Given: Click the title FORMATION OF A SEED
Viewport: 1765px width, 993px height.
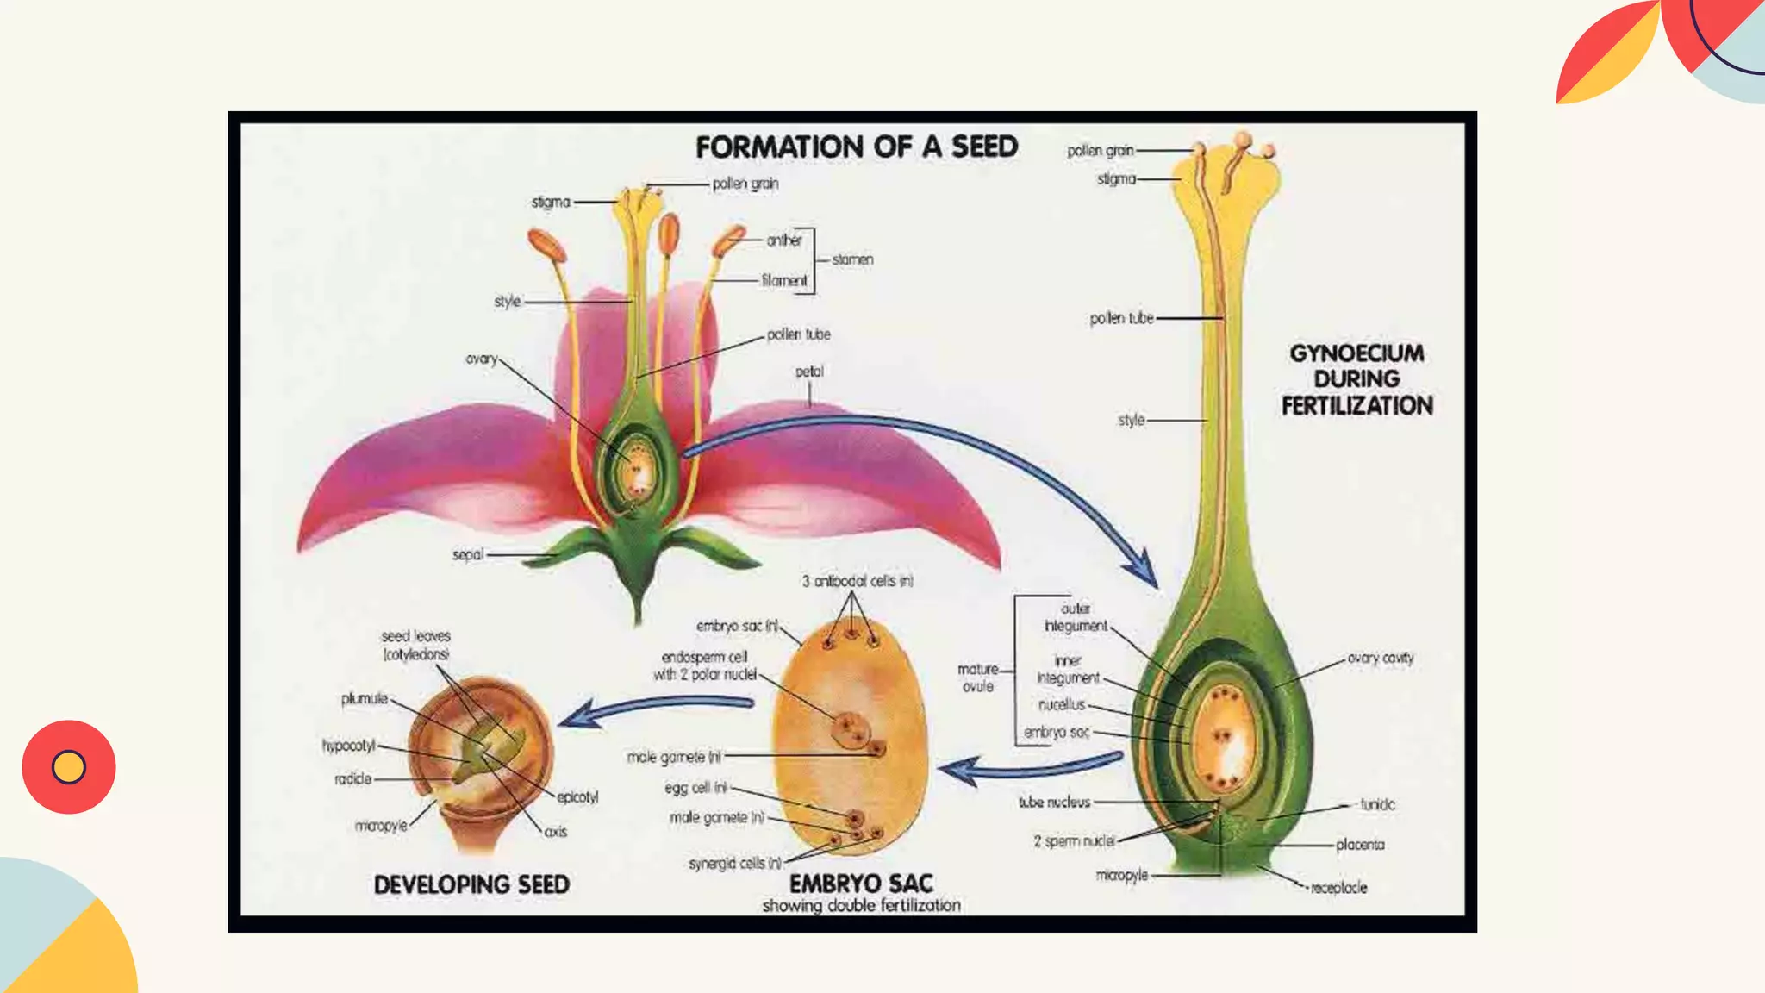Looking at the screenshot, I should tap(857, 147).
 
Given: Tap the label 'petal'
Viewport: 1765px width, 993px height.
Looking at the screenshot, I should tap(809, 372).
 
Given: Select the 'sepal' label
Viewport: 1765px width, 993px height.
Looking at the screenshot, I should tap(468, 554).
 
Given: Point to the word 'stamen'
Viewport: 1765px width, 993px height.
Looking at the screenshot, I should tap(852, 259).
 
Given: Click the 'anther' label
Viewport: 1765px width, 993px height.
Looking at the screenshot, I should tap(784, 240).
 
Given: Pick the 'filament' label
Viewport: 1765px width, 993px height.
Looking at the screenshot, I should tap(784, 280).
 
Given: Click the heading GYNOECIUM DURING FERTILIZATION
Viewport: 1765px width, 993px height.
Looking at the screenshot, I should tap(1356, 379).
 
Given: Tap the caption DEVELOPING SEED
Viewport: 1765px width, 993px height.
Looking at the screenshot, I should tap(471, 884).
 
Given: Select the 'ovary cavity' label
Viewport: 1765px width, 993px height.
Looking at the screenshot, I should tap(1380, 658).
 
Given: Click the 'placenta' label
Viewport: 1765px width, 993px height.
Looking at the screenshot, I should tap(1360, 845).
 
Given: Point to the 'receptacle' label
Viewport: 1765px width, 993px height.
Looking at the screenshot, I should tap(1338, 887).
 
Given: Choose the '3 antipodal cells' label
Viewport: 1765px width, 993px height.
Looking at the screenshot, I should tap(857, 581).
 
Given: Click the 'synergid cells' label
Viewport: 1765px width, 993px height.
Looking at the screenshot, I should tap(735, 863).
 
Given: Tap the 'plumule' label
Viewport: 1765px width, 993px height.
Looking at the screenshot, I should tap(365, 698).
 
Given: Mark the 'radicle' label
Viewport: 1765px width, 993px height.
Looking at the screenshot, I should tap(353, 778).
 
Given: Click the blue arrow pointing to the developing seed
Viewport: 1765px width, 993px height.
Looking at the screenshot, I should tap(655, 709).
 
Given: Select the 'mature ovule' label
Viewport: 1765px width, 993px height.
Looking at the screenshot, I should tap(978, 678).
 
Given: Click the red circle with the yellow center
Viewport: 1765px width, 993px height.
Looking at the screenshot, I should tap(69, 766).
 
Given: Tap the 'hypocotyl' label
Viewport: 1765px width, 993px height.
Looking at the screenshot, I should tap(349, 745).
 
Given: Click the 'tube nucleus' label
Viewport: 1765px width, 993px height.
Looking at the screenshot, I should tap(1054, 802).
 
